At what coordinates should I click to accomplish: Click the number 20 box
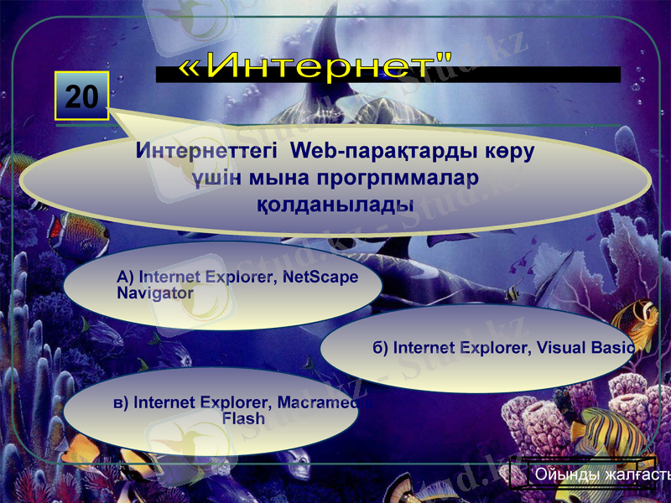click(x=82, y=96)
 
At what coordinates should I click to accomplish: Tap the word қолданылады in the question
click(x=335, y=204)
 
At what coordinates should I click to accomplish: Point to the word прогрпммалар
click(x=398, y=179)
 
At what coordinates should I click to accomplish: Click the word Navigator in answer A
click(x=155, y=293)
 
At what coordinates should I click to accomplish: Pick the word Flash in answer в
click(x=243, y=417)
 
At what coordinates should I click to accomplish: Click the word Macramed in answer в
click(x=324, y=402)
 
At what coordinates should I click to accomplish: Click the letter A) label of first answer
click(x=126, y=277)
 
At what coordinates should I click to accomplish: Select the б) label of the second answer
click(x=381, y=347)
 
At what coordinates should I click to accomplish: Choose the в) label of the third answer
click(x=121, y=402)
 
